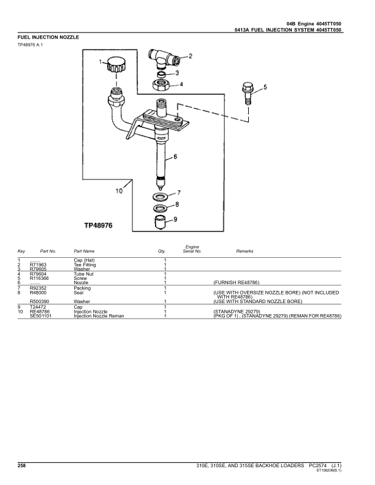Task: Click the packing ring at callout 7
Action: [x=161, y=196]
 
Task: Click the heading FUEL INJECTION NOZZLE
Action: [x=48, y=37]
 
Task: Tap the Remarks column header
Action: [x=244, y=251]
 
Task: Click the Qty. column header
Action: [x=162, y=251]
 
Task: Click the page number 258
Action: [x=21, y=467]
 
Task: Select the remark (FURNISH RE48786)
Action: [x=237, y=282]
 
